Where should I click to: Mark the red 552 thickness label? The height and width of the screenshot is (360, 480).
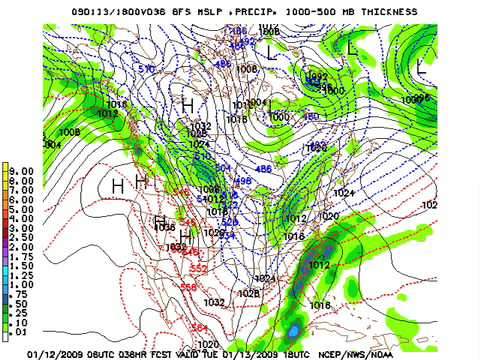(x=198, y=268)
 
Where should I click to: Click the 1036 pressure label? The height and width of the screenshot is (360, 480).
(x=166, y=228)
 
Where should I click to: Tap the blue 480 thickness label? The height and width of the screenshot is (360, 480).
(x=311, y=116)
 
